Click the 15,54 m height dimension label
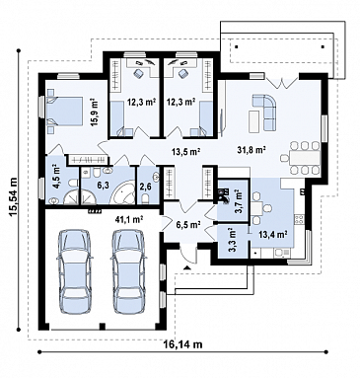point(14,197)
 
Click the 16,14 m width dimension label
point(182,344)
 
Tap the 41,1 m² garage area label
point(129,219)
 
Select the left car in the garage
point(73,270)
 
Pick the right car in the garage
point(128,270)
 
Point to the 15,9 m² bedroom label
point(95,113)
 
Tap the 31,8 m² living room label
point(252,150)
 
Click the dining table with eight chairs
point(301,157)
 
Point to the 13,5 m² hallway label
point(186,151)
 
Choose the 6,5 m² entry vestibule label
point(188,225)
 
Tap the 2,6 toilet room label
point(145,187)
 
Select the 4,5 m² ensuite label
point(56,178)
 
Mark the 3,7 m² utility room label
point(238,200)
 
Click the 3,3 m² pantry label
point(232,240)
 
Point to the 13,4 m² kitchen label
point(273,234)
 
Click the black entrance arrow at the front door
point(187,267)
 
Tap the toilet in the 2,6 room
point(145,198)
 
